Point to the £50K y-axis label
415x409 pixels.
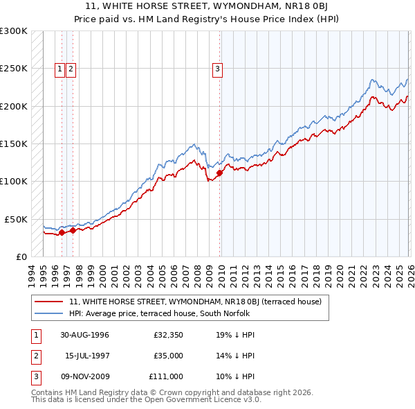click(16, 219)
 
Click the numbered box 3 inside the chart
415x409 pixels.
click(217, 69)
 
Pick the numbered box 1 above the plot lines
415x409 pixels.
click(60, 69)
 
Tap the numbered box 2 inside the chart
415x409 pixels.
click(71, 69)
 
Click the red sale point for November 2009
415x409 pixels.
click(220, 173)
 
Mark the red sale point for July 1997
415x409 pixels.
click(73, 231)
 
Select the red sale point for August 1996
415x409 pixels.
click(62, 232)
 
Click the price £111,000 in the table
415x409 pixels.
click(165, 376)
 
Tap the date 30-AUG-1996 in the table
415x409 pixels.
click(84, 335)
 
